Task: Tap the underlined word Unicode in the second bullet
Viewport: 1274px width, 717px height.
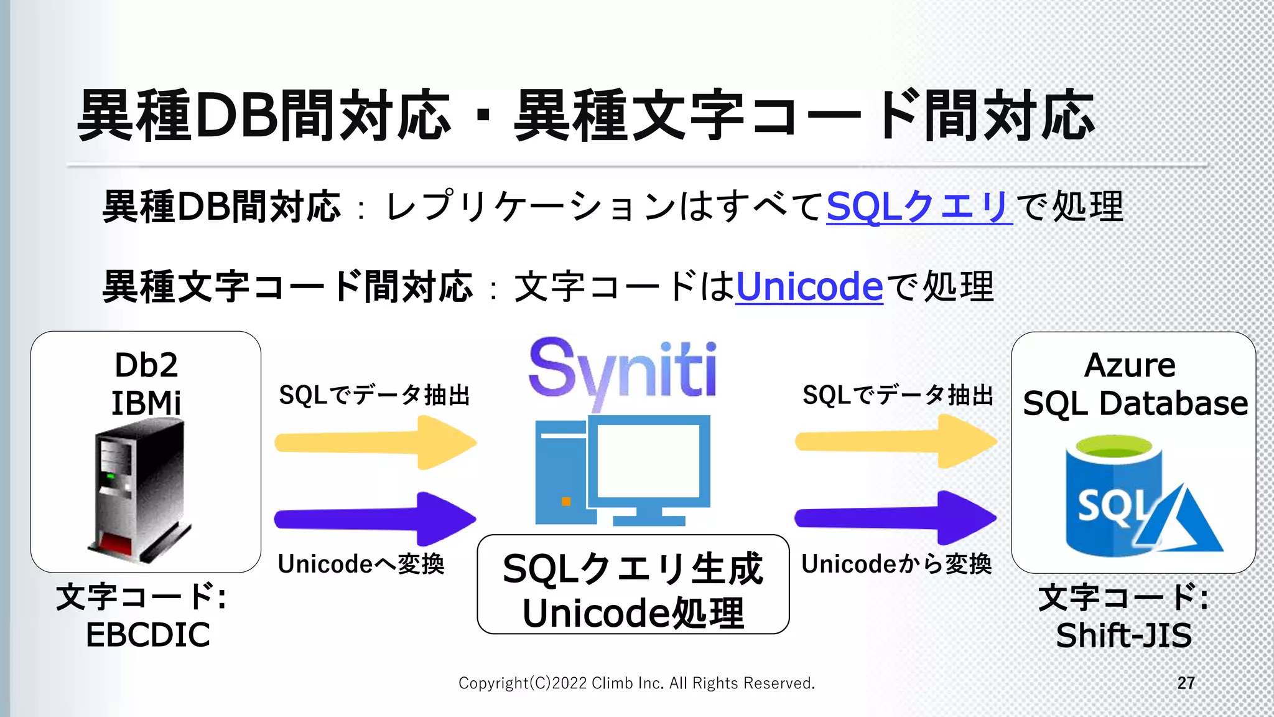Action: pos(809,287)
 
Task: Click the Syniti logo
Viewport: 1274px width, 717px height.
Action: pos(623,370)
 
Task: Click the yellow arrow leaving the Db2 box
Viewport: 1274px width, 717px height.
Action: pos(376,443)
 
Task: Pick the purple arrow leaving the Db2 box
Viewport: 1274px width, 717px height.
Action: pos(376,518)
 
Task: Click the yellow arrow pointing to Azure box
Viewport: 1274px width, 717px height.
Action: pos(896,442)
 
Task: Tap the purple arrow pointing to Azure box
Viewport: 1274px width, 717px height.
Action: pos(896,517)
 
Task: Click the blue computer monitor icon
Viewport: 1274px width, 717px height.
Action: pos(649,464)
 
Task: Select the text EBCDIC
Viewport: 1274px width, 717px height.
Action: pos(148,635)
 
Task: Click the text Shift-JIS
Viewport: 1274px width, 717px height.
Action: pos(1124,635)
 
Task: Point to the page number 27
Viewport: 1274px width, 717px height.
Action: pos(1186,683)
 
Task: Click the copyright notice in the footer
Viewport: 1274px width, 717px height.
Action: pos(636,683)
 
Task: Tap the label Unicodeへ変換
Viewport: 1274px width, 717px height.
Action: pos(361,565)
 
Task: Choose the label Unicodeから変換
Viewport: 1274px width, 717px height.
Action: pos(896,565)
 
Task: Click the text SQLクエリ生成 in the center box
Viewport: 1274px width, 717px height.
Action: pos(633,569)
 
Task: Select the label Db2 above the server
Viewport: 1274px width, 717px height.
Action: pos(146,365)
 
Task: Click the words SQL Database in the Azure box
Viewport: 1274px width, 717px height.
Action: pos(1135,403)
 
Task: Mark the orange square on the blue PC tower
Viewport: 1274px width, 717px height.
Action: pos(566,502)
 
